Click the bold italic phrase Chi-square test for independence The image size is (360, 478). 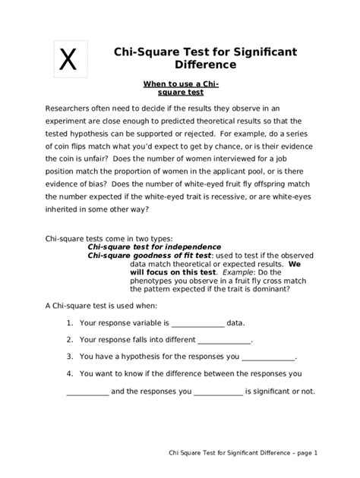(154, 247)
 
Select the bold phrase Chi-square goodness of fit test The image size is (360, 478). (150, 256)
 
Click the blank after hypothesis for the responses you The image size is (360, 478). (267, 357)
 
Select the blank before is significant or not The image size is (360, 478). (218, 392)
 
